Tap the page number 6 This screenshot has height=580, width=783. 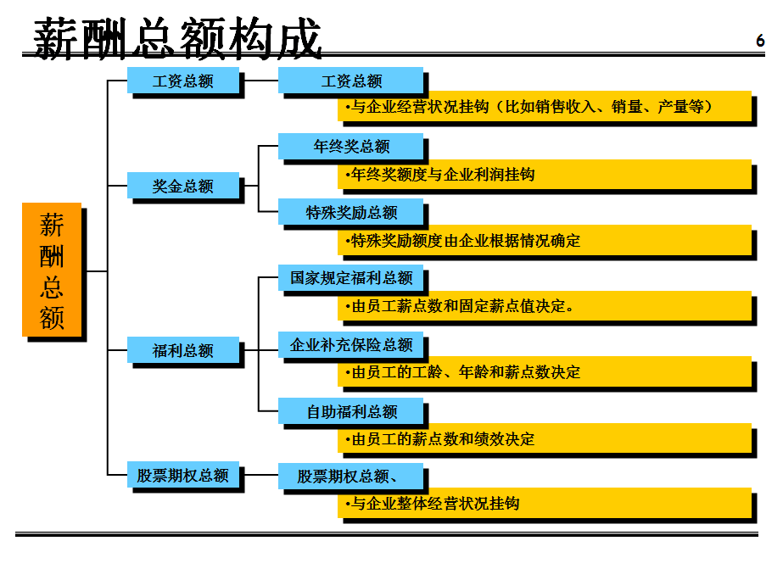coord(760,41)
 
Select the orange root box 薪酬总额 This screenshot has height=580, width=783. coord(52,270)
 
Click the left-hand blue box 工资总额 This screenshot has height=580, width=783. coord(182,81)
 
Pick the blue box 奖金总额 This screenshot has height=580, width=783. coord(182,186)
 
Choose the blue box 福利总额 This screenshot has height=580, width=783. coord(182,350)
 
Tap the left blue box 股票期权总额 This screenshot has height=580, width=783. coord(182,475)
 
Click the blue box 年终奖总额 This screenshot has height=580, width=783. coord(350,146)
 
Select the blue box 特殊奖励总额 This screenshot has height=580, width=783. coord(350,211)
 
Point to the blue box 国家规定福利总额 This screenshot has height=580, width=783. coord(350,277)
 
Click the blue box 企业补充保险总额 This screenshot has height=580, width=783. coord(350,345)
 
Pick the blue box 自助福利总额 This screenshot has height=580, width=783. coord(350,412)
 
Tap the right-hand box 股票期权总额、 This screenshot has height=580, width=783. coord(350,476)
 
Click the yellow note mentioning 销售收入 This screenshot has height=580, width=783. coord(545,108)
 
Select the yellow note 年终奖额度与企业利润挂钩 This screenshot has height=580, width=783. coord(545,175)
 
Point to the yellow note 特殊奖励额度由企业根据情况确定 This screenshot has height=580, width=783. coord(545,241)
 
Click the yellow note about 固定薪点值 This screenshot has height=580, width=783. coord(545,306)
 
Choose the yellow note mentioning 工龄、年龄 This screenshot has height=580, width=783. coord(545,372)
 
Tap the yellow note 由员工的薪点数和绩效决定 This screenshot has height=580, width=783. coord(545,439)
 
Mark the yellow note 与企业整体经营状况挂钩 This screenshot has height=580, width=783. coord(545,505)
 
